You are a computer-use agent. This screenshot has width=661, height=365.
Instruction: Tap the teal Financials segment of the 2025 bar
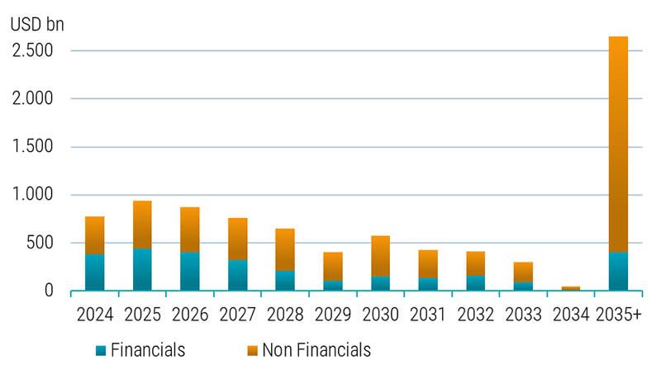(x=141, y=270)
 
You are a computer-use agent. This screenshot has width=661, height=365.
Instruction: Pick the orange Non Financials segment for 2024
(x=94, y=235)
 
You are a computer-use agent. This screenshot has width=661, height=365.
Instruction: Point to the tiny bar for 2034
(x=570, y=288)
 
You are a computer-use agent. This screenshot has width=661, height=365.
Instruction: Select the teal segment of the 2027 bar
(x=237, y=275)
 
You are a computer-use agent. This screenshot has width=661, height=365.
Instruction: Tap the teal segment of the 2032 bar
(x=475, y=283)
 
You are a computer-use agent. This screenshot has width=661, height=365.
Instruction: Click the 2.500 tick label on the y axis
(x=33, y=51)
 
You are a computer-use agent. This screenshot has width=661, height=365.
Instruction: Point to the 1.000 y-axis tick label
(x=33, y=195)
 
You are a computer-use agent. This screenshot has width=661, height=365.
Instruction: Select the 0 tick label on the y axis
(x=49, y=291)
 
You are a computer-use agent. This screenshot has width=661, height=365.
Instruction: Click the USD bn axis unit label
(x=37, y=24)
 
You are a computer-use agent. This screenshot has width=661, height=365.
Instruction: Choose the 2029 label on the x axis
(x=332, y=316)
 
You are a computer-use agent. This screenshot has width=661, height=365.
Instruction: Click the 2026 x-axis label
(x=189, y=316)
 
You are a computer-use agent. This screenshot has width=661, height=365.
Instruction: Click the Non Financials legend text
(x=316, y=349)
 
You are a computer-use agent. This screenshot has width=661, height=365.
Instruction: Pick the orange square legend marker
(x=253, y=349)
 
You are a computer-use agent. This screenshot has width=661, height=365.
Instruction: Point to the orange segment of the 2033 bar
(x=523, y=272)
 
